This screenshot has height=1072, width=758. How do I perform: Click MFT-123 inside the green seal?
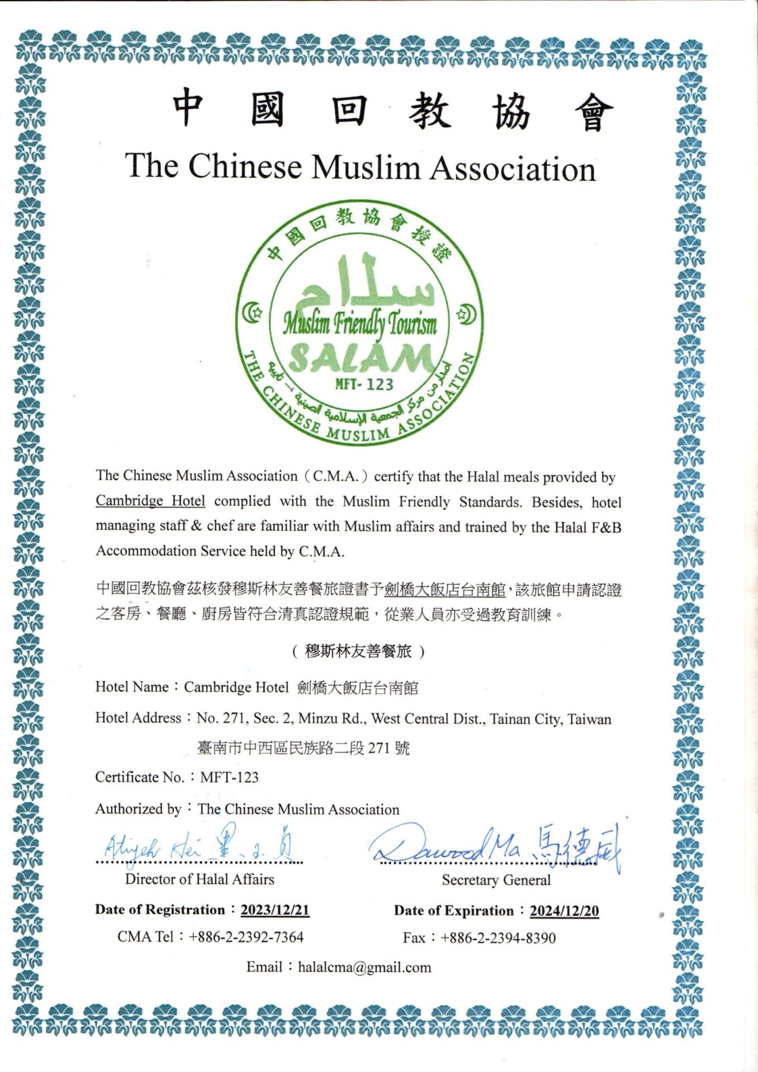[364, 384]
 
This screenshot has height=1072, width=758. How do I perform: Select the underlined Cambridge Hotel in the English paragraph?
[150, 501]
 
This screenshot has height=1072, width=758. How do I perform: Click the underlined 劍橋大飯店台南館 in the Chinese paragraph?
[445, 590]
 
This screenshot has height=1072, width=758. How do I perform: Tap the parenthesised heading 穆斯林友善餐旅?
[358, 651]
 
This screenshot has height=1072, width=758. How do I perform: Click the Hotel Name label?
[132, 687]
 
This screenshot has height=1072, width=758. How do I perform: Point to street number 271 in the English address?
[234, 718]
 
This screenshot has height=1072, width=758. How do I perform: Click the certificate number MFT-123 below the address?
[229, 777]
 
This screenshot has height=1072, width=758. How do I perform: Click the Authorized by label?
[138, 808]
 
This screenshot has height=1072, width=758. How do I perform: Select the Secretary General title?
[496, 880]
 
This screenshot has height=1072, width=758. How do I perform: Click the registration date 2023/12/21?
[275, 910]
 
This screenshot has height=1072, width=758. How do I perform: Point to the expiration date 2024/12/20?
[564, 911]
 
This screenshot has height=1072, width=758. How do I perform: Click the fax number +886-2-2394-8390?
[498, 937]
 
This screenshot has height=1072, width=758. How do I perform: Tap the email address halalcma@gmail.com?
[364, 967]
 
